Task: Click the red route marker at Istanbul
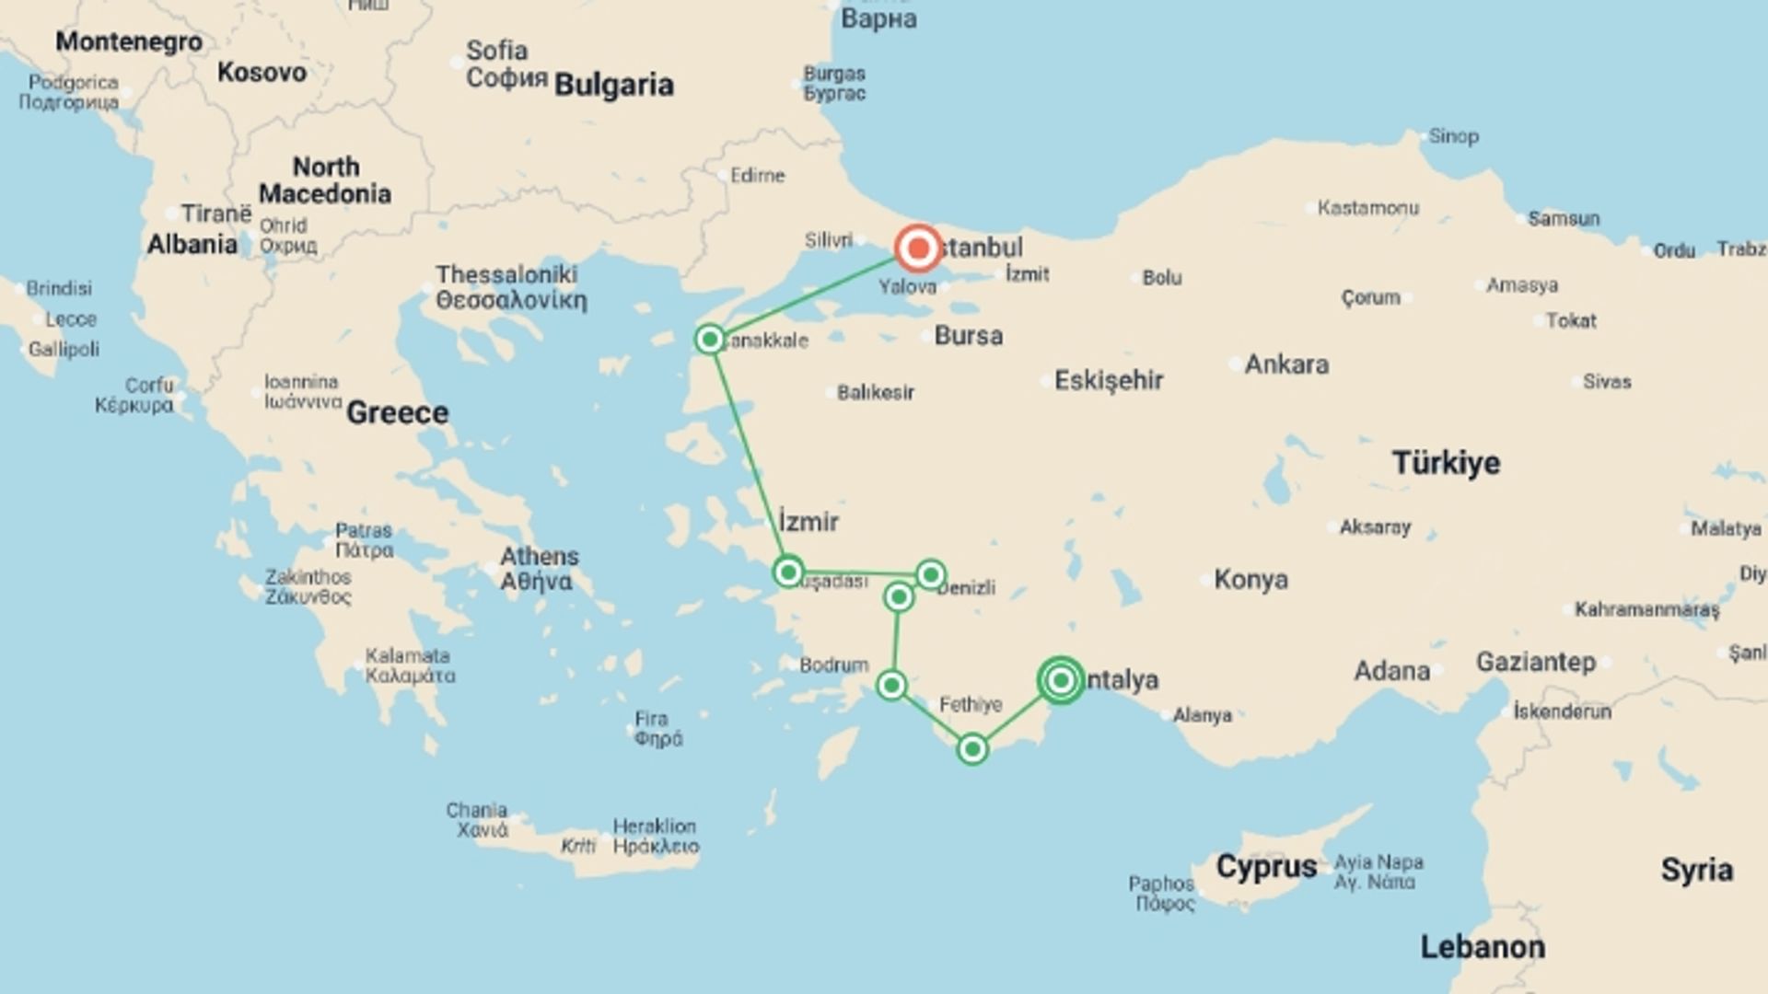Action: [918, 248]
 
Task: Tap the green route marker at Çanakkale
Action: [710, 340]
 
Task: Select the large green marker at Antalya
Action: [1061, 680]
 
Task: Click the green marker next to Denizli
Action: [931, 575]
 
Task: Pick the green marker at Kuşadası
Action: [788, 572]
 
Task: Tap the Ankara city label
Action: [1286, 364]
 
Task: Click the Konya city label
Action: [1250, 580]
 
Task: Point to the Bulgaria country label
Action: [613, 85]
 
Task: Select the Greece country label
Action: [397, 413]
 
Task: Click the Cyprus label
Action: [1266, 867]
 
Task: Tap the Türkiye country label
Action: [1446, 462]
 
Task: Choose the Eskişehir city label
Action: [1109, 380]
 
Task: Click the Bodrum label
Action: [833, 665]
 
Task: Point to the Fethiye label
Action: [971, 705]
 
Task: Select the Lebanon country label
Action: [1483, 947]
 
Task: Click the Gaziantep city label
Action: [1536, 662]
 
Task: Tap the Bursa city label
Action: [968, 336]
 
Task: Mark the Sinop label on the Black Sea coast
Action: [1453, 136]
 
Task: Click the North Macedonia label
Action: [325, 180]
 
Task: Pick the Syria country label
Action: [1696, 870]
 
